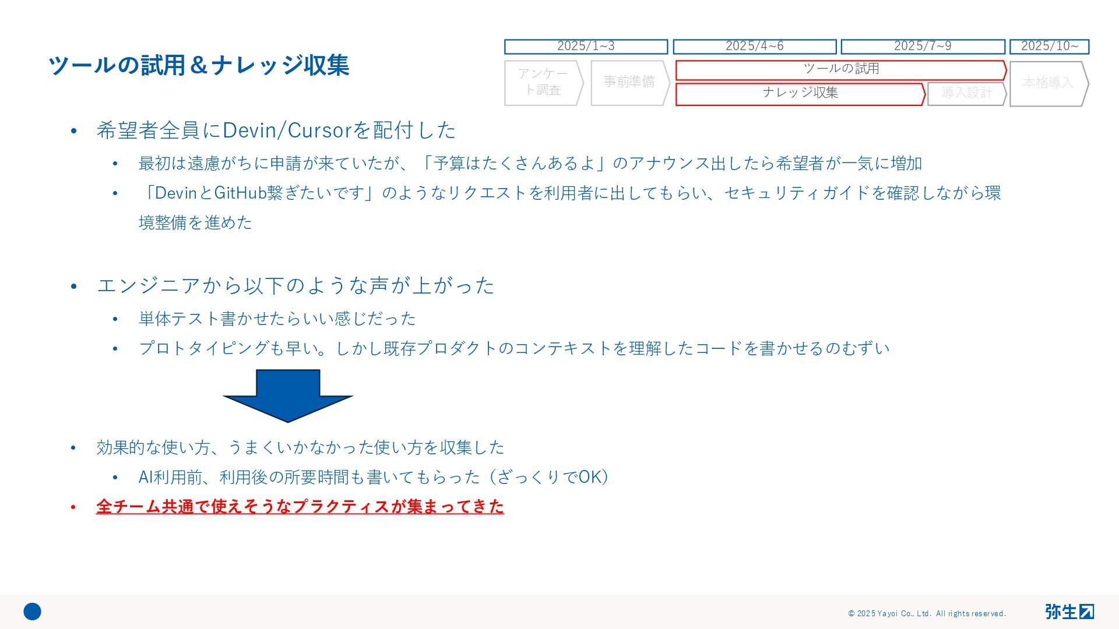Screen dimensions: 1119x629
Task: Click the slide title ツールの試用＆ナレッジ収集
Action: click(198, 65)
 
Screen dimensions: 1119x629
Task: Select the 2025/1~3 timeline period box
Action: click(586, 46)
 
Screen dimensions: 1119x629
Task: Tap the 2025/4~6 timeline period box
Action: click(754, 46)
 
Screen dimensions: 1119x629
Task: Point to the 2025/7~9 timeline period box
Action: click(923, 46)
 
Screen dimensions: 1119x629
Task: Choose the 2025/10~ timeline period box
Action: click(1049, 46)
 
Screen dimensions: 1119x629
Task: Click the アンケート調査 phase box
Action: click(543, 82)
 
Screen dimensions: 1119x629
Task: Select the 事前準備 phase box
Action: click(629, 82)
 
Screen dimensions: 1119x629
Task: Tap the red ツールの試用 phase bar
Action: click(840, 69)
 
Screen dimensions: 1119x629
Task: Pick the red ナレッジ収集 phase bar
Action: click(800, 93)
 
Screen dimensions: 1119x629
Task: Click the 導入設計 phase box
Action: click(966, 93)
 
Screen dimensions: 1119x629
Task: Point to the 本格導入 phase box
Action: click(1048, 83)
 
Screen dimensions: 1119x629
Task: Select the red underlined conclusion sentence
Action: click(300, 507)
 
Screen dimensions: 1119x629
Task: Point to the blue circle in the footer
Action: click(33, 612)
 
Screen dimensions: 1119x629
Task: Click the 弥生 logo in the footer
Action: click(1069, 612)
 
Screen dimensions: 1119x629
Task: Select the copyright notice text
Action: click(927, 613)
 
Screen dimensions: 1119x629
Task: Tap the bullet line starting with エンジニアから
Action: click(295, 286)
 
